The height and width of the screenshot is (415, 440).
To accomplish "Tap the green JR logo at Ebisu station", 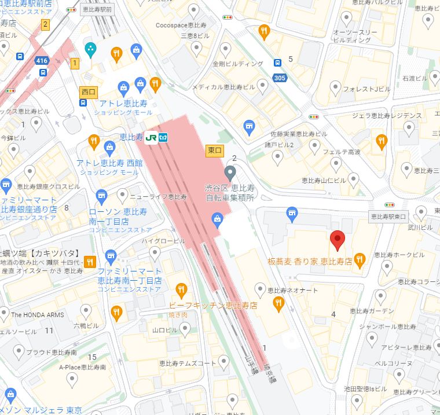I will [152, 138].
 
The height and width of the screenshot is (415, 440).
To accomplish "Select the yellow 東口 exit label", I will [215, 150].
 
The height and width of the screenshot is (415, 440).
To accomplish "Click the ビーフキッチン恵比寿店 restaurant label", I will [212, 305].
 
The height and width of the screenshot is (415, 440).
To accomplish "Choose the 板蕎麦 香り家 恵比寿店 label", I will [310, 262].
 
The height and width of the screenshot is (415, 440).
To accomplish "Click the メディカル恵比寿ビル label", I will [223, 87].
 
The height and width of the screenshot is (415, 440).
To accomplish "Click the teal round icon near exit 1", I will [90, 49].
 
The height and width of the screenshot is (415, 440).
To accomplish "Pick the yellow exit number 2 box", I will [45, 24].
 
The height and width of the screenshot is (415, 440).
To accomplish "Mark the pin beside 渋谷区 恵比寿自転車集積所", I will [230, 172].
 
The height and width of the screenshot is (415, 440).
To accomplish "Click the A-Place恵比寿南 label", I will [82, 367].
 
